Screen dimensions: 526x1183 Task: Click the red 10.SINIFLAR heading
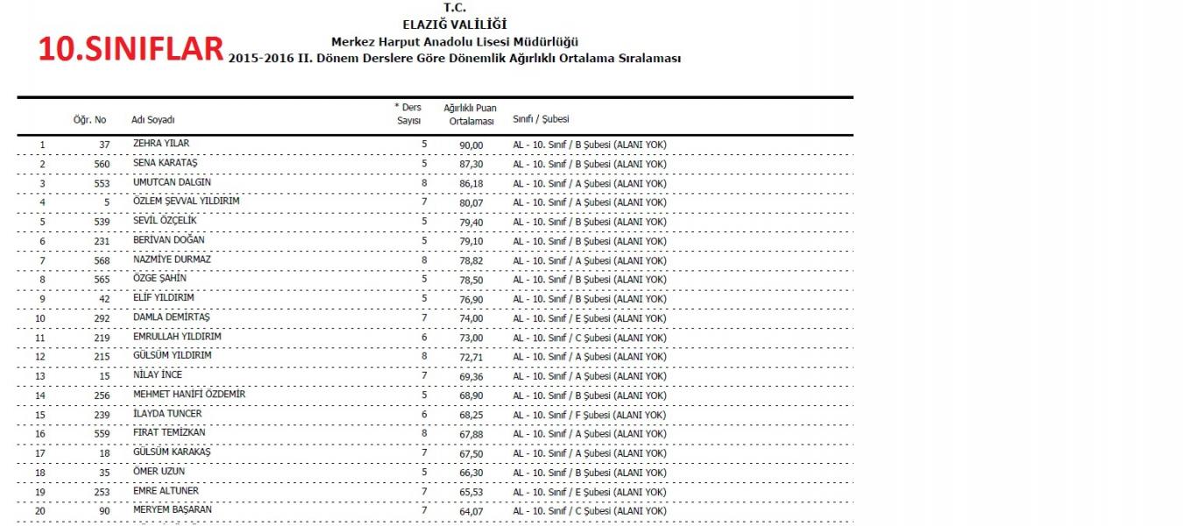tap(131, 49)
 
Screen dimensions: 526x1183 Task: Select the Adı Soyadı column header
tap(153, 120)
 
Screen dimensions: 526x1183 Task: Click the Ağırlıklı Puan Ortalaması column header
tap(470, 114)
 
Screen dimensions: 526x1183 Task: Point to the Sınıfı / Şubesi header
tap(541, 119)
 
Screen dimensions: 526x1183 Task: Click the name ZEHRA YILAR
tap(161, 144)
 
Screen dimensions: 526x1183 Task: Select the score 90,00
tap(471, 145)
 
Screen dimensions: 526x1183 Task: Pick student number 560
tap(102, 164)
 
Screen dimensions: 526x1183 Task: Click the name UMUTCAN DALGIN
tap(172, 182)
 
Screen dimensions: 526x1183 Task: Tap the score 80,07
tap(471, 203)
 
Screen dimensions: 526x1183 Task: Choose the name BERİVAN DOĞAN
tap(169, 240)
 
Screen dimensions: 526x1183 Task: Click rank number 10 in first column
tap(40, 318)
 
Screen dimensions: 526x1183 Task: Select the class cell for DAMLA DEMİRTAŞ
tap(589, 318)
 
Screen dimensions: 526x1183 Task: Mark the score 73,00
tap(471, 338)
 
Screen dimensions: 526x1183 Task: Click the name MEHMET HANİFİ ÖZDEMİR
tap(189, 394)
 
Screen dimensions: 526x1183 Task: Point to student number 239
tap(102, 415)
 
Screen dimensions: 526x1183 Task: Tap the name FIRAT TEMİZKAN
tap(170, 433)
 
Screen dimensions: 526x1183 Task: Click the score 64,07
tap(471, 511)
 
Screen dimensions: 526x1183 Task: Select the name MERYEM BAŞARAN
tap(173, 510)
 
